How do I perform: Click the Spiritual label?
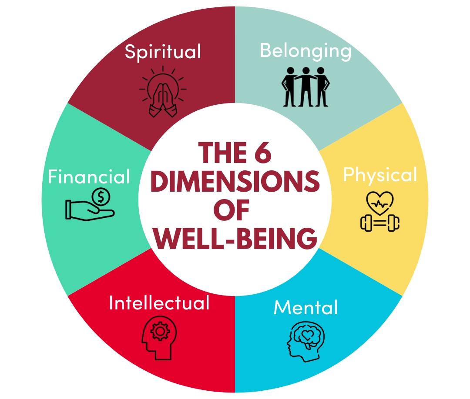163,52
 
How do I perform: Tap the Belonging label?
305,50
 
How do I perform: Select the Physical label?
380,175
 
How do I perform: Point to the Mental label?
305,308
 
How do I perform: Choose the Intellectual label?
159,303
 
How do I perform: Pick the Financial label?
89,177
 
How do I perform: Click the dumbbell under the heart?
380,223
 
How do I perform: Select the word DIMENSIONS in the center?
235,183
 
